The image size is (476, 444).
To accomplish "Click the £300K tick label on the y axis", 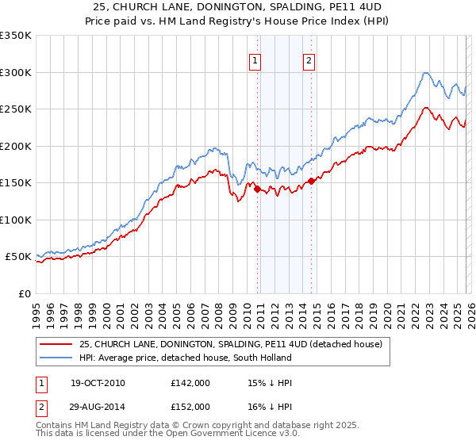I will click(x=15, y=72).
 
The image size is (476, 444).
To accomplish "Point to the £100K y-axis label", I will click(x=15, y=220).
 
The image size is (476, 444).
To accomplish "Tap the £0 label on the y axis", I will click(x=22, y=293).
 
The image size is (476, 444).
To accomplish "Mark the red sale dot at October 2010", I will click(x=257, y=189).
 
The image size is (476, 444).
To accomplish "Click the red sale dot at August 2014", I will click(x=311, y=181).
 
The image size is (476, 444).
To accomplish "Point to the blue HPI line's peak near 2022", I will click(x=426, y=73).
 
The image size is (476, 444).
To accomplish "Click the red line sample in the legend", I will click(x=56, y=344).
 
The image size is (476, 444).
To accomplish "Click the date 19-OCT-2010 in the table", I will click(x=98, y=383).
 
